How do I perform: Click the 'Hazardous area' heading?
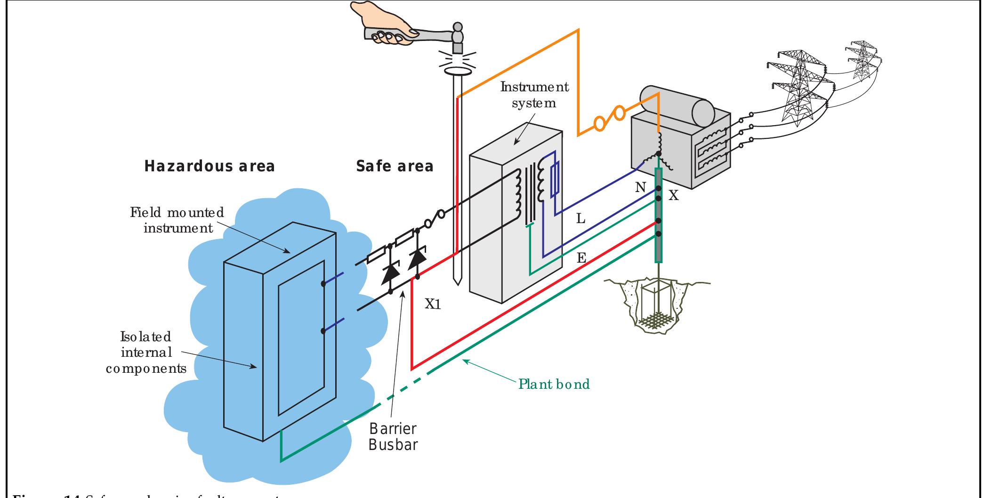[210, 166]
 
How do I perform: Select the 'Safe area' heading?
[395, 166]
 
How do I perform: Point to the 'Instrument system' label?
[534, 95]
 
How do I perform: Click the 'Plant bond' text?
[554, 384]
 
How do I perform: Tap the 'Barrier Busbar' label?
[393, 436]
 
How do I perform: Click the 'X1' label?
[433, 305]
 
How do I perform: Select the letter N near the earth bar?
[640, 188]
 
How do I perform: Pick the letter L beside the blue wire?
[581, 219]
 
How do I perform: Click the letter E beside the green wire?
[581, 258]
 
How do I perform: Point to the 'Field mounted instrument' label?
[177, 220]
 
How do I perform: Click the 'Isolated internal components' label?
[146, 352]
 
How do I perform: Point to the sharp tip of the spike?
[456, 284]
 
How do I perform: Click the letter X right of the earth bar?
[674, 196]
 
